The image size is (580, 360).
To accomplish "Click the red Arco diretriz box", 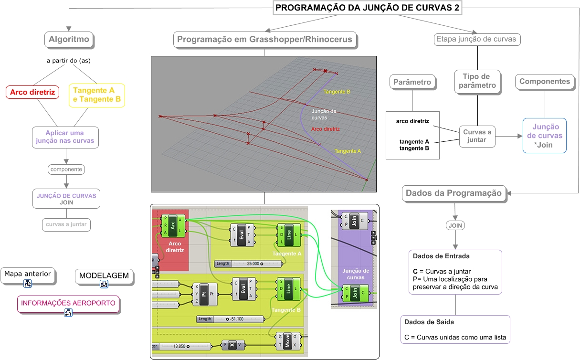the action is [32, 92].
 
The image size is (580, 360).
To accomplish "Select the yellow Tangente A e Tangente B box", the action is [97, 95].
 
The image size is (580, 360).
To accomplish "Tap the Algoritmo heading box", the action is [69, 39].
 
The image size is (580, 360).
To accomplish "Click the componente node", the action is [66, 169].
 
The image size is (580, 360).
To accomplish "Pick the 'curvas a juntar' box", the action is [66, 224].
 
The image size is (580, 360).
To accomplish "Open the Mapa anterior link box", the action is [28, 275].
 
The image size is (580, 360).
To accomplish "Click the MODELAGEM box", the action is [104, 276].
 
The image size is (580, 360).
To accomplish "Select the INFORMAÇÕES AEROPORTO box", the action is [68, 304].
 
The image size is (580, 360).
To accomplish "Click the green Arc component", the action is [173, 225].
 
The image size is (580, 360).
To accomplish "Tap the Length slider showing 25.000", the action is [249, 264].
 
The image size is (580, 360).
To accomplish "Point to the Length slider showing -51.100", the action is [231, 319].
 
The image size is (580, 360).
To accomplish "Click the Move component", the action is [287, 341].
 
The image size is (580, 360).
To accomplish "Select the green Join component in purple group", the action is [356, 293].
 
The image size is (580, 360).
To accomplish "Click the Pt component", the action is [205, 294].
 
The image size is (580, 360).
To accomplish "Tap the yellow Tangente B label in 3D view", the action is [337, 92].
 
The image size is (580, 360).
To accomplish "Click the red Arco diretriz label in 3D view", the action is [325, 129].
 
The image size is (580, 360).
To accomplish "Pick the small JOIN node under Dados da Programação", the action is [455, 225].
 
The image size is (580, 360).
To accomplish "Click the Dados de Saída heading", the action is [429, 322].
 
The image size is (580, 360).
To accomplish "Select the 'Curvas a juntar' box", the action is [477, 136].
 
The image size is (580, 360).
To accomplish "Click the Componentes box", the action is [545, 82].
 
